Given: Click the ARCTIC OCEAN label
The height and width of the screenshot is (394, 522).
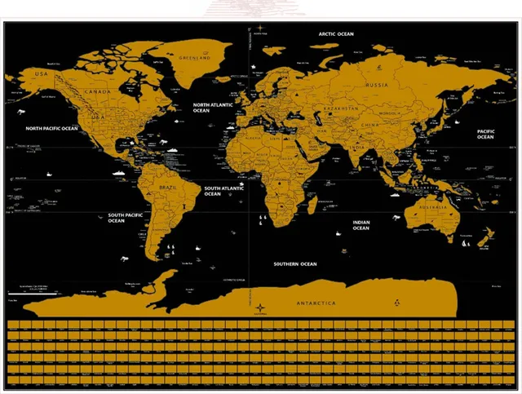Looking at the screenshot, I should [x=336, y=33].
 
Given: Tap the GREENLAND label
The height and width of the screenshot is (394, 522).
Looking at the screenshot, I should [x=193, y=59].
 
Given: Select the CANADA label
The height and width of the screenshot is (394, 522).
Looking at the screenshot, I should [x=98, y=91].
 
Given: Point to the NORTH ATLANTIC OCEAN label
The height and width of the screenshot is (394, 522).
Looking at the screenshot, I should [x=213, y=108].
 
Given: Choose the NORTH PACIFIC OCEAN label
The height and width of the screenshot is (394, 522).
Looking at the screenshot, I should [x=51, y=128].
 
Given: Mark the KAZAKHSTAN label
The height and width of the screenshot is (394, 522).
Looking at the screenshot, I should [x=342, y=108].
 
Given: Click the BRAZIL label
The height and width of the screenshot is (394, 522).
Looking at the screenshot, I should [x=167, y=188].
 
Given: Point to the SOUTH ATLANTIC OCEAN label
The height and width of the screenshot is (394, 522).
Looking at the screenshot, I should [x=224, y=191].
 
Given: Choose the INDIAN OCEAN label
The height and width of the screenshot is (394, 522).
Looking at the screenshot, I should [x=361, y=225].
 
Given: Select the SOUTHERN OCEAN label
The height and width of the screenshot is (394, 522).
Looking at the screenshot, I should [x=295, y=263].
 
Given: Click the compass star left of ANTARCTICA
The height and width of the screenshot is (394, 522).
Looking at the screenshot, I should [x=260, y=308].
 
